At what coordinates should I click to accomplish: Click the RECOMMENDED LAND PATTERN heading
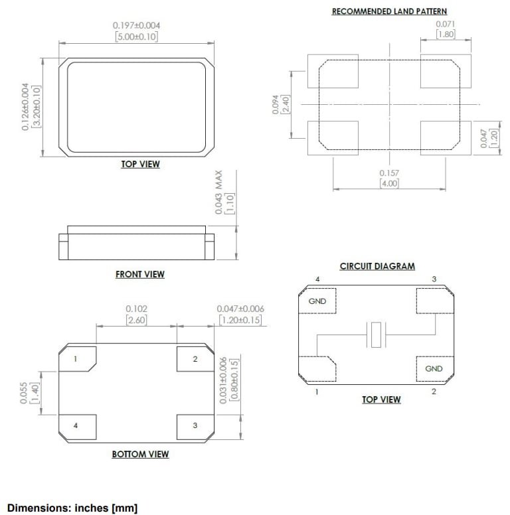tap(389, 11)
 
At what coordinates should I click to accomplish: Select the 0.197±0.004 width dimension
tap(136, 25)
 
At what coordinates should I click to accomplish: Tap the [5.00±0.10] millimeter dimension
tap(136, 37)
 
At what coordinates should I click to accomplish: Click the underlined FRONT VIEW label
tap(139, 274)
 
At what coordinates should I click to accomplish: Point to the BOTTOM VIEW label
tap(140, 455)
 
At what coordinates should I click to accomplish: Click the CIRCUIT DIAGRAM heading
tap(377, 266)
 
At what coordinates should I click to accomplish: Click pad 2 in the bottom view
tap(195, 359)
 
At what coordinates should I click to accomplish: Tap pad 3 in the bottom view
tap(195, 425)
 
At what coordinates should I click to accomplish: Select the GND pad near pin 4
tap(317, 301)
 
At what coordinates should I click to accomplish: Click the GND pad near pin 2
tap(434, 369)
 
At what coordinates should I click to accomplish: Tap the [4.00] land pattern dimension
tap(389, 183)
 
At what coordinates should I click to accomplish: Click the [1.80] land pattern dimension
tap(446, 35)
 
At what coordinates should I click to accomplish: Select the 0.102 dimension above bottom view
tap(136, 309)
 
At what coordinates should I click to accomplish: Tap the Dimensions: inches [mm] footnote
tap(72, 508)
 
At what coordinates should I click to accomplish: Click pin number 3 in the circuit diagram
tap(434, 279)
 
